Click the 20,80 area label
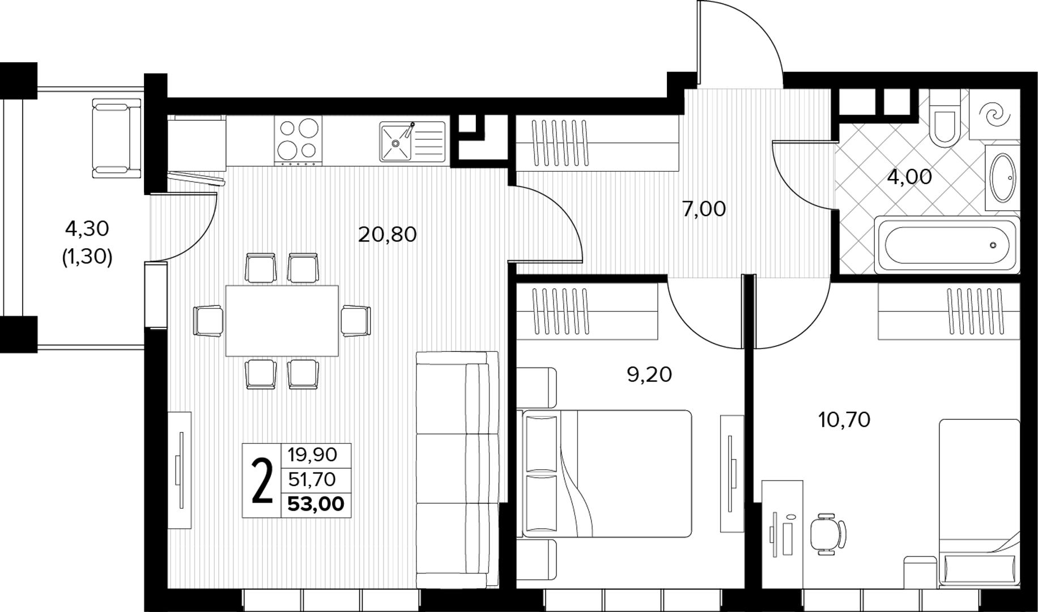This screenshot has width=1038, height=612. (388, 234)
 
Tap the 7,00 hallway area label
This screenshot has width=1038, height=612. (704, 209)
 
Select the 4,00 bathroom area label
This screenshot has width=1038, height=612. (909, 177)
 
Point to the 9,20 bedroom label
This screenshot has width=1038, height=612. (649, 375)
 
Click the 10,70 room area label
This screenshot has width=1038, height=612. (844, 420)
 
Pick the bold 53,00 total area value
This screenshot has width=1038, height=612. (316, 504)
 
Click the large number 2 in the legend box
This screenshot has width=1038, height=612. (262, 481)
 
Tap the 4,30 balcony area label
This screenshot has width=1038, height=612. (87, 229)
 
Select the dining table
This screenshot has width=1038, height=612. (282, 321)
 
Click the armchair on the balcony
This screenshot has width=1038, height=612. (117, 138)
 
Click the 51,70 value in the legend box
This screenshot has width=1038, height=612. (312, 480)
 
